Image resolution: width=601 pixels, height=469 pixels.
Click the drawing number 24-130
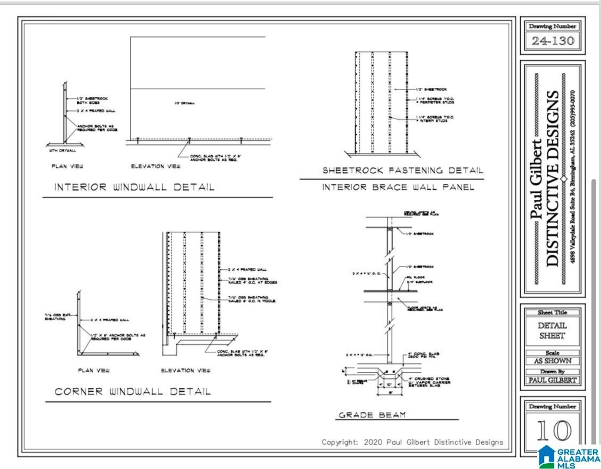point(552,41)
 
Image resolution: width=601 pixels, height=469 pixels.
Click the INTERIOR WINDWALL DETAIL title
point(134,187)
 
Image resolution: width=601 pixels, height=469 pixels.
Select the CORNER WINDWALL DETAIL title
point(132,391)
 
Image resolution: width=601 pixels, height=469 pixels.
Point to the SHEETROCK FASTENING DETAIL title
point(402,170)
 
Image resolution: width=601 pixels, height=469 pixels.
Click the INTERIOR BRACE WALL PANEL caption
point(398,187)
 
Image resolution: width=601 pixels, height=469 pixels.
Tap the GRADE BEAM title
point(372,415)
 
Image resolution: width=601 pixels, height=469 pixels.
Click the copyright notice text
point(412,442)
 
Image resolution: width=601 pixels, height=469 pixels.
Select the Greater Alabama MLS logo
point(569,457)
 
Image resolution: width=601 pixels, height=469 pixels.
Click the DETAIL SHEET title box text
point(552,330)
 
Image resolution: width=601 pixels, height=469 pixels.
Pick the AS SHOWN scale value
point(552,361)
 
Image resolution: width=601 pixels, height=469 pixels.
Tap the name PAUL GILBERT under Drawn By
point(552,380)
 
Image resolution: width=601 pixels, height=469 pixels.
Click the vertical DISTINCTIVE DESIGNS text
point(552,178)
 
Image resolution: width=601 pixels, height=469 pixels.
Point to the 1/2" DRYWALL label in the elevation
point(184,103)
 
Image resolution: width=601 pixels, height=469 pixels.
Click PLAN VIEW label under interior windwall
point(67,166)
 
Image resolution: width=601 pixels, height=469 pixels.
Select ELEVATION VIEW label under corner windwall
point(185,370)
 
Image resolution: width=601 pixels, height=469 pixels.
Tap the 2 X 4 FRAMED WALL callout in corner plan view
point(110,320)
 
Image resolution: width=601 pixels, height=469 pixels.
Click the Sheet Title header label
point(552,312)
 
